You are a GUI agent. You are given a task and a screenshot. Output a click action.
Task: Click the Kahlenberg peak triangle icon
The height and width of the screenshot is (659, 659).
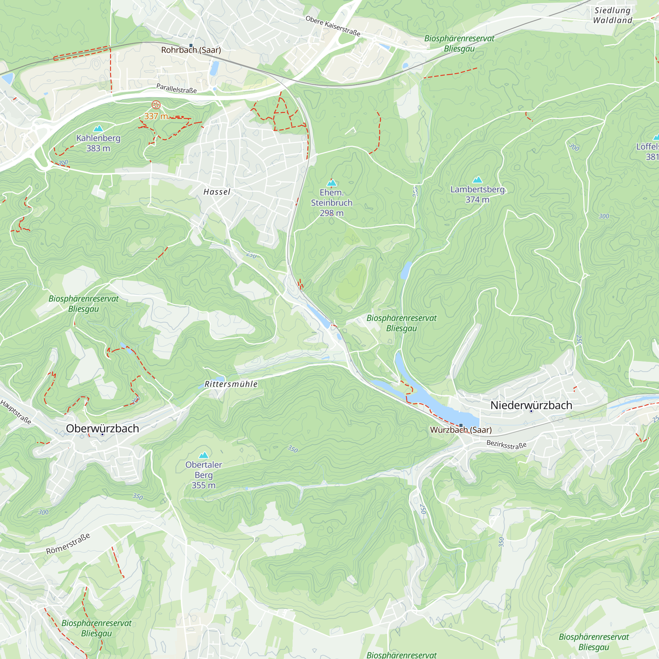(98, 128)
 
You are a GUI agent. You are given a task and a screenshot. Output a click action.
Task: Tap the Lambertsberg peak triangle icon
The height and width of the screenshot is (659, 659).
(477, 180)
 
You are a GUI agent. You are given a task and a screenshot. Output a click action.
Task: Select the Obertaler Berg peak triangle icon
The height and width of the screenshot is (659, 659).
(204, 455)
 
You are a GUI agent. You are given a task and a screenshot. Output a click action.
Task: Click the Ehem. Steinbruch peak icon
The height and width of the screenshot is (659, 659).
(331, 183)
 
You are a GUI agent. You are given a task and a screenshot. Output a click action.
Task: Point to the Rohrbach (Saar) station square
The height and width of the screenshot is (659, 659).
(191, 45)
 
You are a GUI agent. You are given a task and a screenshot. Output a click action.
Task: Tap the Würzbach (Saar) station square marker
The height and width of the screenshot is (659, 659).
(461, 425)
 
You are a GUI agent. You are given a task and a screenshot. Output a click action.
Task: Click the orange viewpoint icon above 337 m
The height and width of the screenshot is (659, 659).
(156, 105)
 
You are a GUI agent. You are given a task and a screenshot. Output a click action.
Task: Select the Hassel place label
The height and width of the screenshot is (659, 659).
(217, 192)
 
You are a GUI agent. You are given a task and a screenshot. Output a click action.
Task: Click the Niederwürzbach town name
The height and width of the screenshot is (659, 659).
(531, 405)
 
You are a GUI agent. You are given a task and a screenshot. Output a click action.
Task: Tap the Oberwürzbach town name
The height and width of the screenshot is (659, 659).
(102, 428)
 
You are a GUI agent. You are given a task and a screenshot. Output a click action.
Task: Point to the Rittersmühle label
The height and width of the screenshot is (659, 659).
(231, 384)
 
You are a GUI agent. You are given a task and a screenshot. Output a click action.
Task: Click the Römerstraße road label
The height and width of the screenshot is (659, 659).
(68, 544)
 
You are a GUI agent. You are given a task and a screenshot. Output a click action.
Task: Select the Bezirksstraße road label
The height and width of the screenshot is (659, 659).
(506, 445)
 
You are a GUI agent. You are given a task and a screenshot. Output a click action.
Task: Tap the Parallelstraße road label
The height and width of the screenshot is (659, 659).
(176, 88)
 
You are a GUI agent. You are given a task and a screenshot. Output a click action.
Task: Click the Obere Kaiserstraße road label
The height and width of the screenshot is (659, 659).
(333, 26)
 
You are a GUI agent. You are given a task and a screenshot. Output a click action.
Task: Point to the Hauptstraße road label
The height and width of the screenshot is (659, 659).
(16, 412)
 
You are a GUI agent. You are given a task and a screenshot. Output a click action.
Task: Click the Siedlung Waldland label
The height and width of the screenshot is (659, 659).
(613, 15)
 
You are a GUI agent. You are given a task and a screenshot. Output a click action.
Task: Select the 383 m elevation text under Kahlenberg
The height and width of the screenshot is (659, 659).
(98, 148)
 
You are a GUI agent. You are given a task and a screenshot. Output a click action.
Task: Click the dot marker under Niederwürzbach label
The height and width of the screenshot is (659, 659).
(531, 412)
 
